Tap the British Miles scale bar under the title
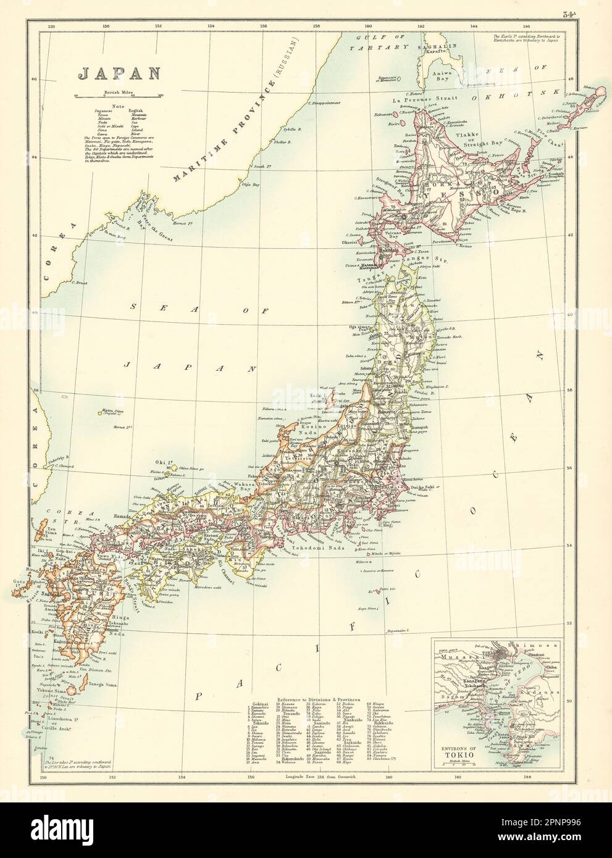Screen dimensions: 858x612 pos(117,96)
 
